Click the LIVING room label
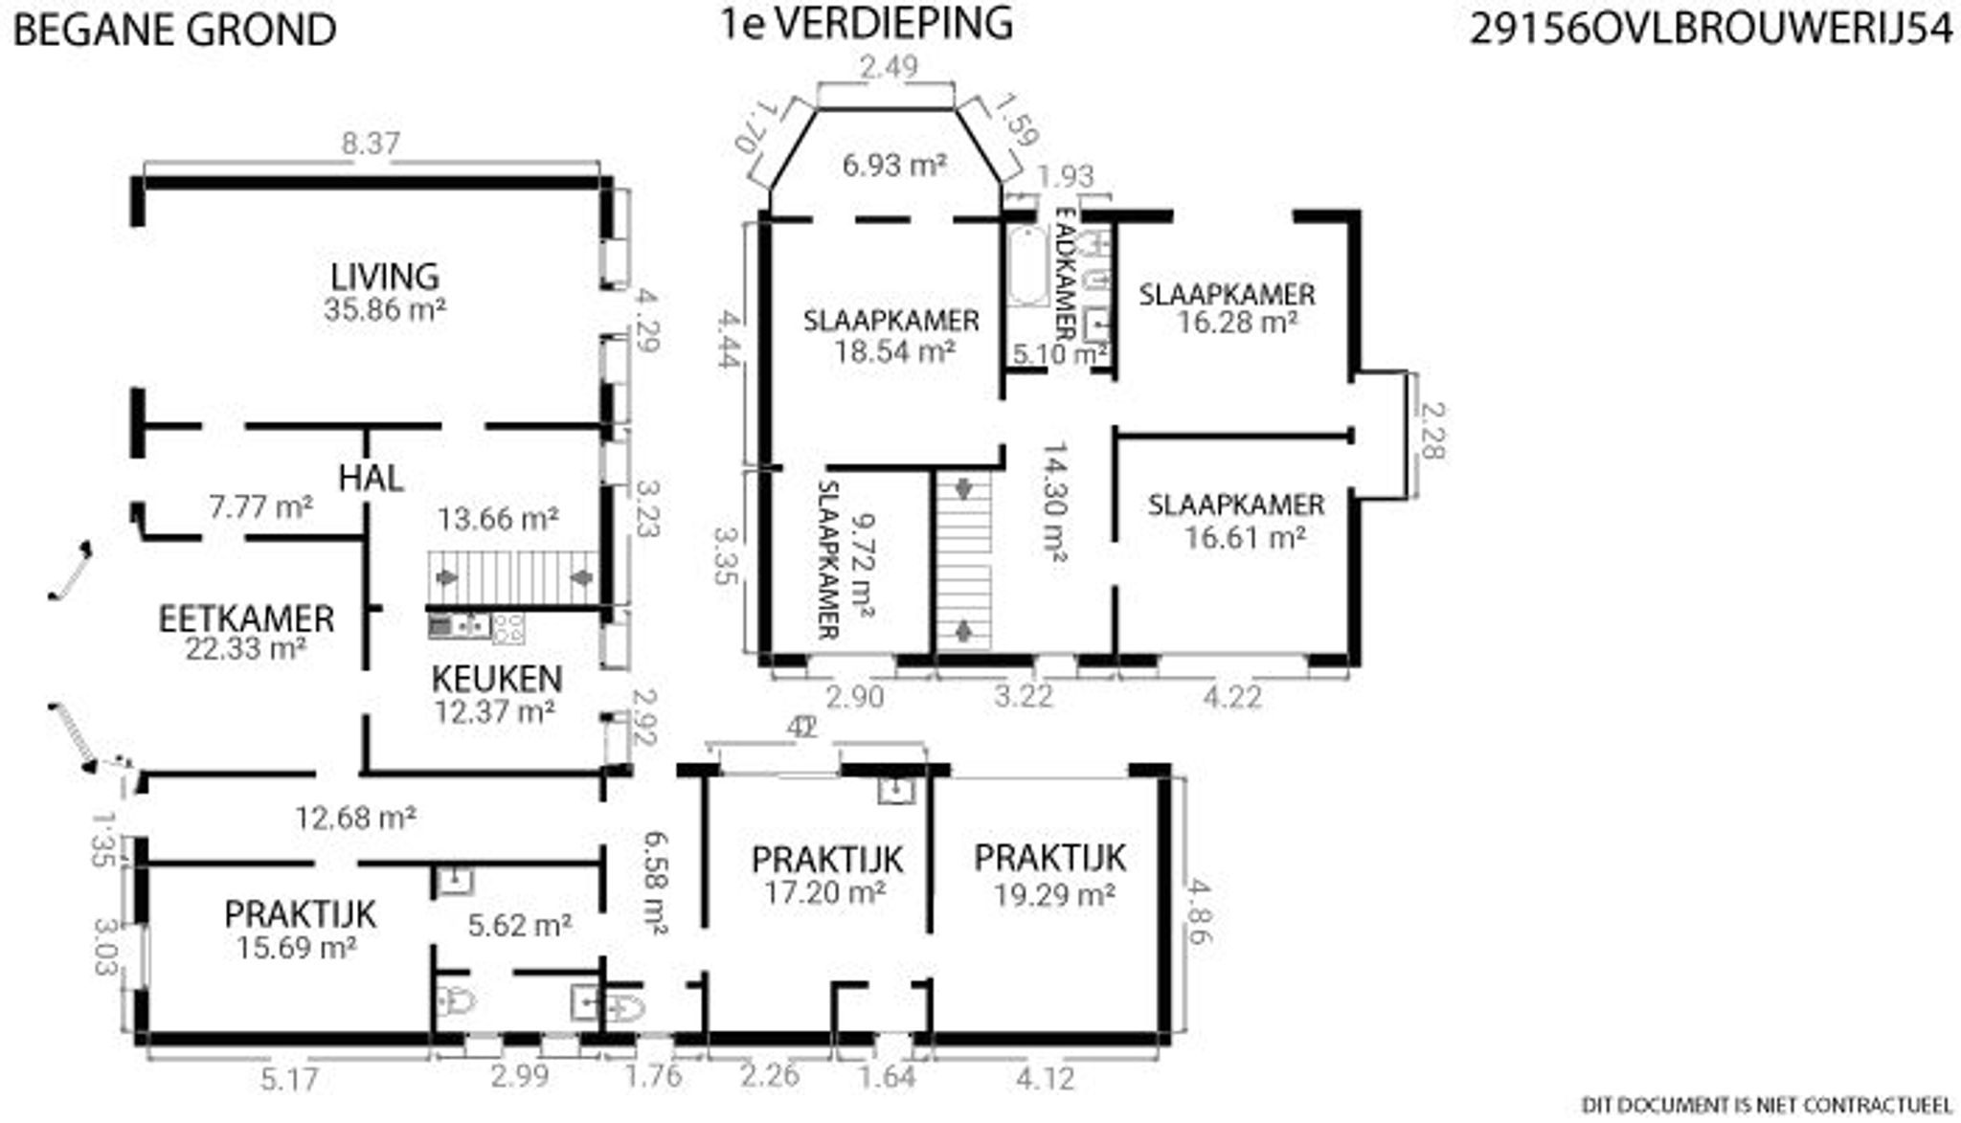tap(385, 277)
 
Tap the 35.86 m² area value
tap(385, 309)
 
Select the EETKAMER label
tap(246, 618)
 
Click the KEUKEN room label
tap(496, 679)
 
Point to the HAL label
tap(371, 478)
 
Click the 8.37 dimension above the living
tap(371, 145)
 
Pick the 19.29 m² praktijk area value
tap(1053, 895)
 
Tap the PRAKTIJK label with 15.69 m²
tap(300, 914)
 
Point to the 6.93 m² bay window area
tap(894, 166)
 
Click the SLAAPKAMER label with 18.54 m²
tap(891, 320)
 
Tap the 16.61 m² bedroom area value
tap(1245, 537)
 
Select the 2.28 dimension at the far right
tap(1430, 431)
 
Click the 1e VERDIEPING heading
tap(867, 25)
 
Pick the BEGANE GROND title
tap(174, 30)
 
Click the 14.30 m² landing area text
tap(1054, 501)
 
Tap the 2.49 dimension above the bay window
tap(888, 67)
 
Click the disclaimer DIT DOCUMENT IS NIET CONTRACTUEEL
tap(1766, 1105)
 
